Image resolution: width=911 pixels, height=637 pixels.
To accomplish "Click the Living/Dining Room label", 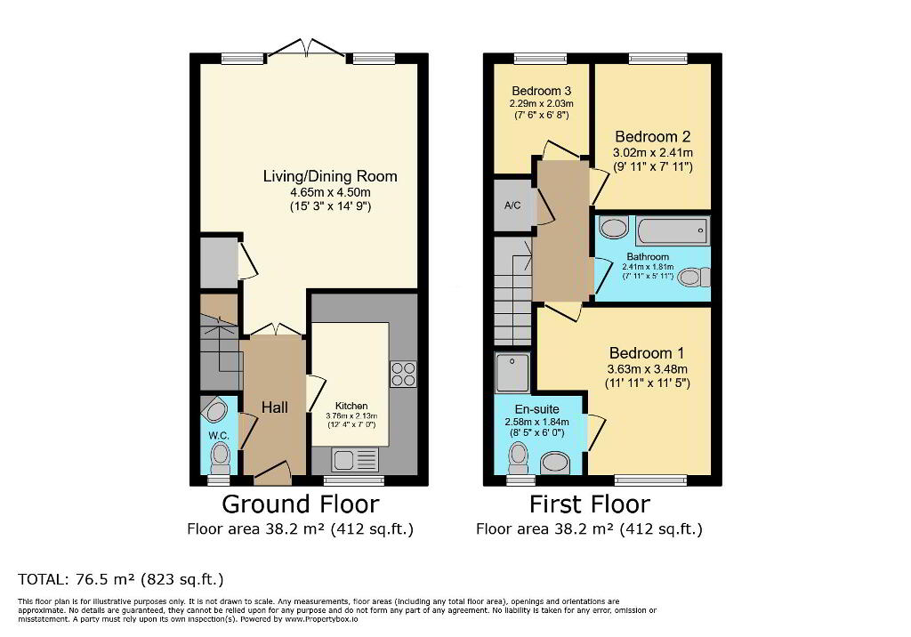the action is (x=330, y=176).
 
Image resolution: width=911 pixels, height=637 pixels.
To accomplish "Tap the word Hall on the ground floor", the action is (x=274, y=407).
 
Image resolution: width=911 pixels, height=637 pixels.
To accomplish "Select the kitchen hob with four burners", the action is (x=403, y=374).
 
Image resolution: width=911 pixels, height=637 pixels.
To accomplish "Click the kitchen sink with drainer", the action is (x=354, y=460).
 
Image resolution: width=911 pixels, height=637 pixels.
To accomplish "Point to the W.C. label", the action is (x=219, y=435).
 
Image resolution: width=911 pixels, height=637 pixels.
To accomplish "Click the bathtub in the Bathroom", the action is (x=673, y=231).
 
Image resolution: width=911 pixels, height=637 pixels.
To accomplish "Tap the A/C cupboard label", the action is (x=512, y=206).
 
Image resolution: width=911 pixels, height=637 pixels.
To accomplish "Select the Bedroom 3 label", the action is (x=542, y=91).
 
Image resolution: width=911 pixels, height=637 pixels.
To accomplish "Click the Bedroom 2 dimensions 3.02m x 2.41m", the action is (x=653, y=153).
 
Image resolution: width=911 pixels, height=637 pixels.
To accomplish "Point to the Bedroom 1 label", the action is (x=647, y=353).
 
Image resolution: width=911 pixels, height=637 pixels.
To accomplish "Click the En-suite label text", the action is (x=536, y=409).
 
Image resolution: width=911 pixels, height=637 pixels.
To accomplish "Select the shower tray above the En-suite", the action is (x=512, y=372).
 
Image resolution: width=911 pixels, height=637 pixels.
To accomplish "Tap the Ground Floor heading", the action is (x=301, y=504).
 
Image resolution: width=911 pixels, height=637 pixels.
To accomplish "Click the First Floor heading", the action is (x=590, y=504).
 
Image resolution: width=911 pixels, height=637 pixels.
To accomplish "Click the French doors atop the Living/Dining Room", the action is (x=307, y=49).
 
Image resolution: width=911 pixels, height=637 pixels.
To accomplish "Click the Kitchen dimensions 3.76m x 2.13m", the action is (x=351, y=416).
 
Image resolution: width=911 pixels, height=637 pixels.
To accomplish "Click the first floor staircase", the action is (x=513, y=291).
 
